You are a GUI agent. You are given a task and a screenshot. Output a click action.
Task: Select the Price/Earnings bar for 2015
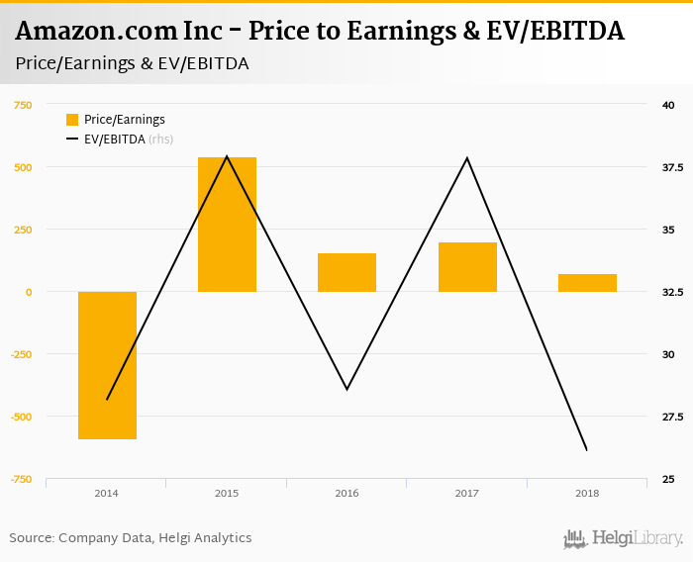[227, 224]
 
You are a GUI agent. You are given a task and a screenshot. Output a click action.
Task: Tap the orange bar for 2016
[346, 272]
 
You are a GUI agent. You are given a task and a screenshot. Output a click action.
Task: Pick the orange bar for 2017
[467, 267]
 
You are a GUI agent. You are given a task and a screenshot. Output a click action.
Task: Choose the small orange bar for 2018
[587, 283]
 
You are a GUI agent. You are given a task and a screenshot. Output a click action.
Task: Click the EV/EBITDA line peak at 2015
[227, 156]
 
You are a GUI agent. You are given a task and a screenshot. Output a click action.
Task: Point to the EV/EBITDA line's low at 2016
[346, 389]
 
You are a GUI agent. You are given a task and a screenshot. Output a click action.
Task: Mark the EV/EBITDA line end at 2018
[587, 450]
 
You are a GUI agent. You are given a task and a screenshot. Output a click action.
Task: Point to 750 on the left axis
[22, 105]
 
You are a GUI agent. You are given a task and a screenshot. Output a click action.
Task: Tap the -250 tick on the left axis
[21, 354]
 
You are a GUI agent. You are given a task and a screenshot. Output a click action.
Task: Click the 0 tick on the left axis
[29, 292]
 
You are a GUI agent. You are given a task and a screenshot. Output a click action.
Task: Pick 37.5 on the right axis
[673, 167]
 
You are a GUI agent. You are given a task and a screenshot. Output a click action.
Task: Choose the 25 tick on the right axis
[669, 479]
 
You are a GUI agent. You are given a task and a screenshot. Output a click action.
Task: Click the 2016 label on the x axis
[346, 493]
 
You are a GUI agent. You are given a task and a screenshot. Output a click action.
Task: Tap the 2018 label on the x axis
[587, 493]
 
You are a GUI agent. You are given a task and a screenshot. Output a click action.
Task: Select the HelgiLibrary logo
[623, 538]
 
